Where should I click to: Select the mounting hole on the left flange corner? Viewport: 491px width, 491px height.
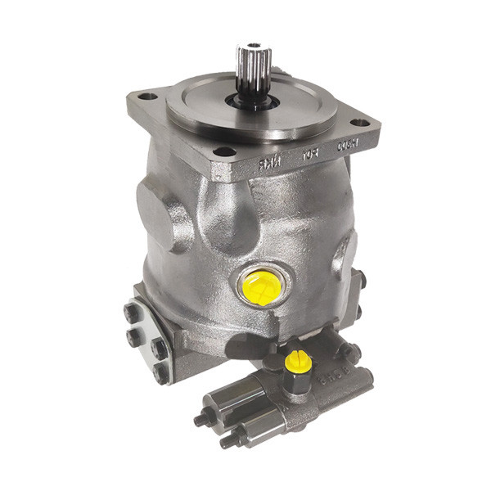(x=147, y=97)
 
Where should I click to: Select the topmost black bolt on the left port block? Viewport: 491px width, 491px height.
(x=133, y=312)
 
